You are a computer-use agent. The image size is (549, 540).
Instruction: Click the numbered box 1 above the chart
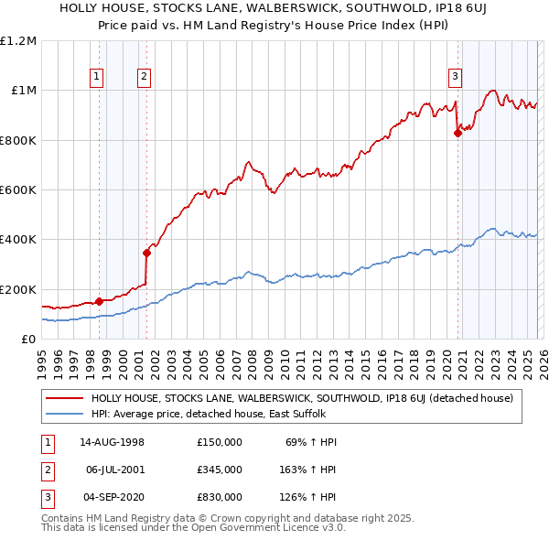[98, 77]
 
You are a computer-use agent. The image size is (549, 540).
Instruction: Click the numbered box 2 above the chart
[145, 77]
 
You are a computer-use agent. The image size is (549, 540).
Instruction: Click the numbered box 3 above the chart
[455, 77]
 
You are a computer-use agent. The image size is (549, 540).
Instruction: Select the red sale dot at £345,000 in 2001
[145, 253]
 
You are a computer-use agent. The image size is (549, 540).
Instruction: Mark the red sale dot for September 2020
[457, 133]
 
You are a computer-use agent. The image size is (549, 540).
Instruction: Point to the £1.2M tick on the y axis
[19, 41]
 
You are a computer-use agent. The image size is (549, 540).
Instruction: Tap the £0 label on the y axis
[27, 340]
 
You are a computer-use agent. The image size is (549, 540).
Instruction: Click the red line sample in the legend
[63, 398]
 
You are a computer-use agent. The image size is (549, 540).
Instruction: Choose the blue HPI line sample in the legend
[63, 414]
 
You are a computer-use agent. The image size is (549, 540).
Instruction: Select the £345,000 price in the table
[220, 470]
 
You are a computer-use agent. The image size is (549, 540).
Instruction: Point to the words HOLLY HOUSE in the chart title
[97, 8]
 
